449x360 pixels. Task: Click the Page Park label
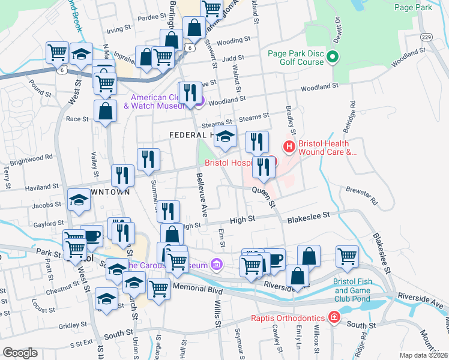click(414, 8)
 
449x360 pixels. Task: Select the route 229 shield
click(425, 37)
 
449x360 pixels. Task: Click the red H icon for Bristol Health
click(289, 146)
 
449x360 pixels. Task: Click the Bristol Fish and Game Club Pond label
click(361, 286)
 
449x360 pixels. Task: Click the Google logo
click(20, 353)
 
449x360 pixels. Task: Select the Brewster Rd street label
click(361, 196)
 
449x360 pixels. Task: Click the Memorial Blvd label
click(197, 289)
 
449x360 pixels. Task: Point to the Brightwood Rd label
click(31, 159)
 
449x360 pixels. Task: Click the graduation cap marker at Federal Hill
click(225, 137)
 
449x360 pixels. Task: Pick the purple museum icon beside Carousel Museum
click(217, 264)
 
